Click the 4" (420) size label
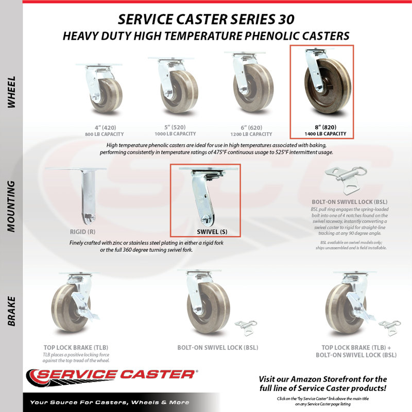point(105,128)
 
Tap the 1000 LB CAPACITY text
point(175,134)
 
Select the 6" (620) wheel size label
point(251,128)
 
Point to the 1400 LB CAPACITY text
point(325,134)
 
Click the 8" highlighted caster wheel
point(327,82)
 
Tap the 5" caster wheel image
point(176,85)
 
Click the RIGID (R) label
point(82,232)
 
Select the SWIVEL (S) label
point(212,232)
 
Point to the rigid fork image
point(88,195)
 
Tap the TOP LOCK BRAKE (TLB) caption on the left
point(76,347)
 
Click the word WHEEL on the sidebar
point(11,92)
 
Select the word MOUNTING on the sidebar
point(11,207)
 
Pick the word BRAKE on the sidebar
point(11,311)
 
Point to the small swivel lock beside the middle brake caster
point(246,328)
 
